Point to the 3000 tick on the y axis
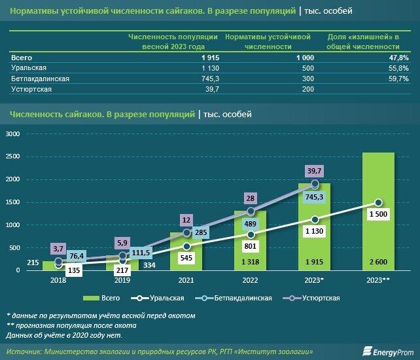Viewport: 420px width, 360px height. [12, 134]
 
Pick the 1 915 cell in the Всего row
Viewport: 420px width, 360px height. [196, 58]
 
